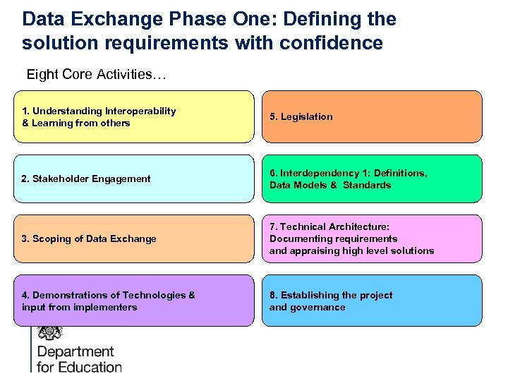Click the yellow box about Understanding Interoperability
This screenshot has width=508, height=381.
[133, 116]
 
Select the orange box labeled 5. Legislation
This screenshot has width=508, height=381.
[372, 116]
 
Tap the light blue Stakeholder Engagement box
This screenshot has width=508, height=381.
[133, 179]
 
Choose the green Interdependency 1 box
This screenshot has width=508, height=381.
[372, 179]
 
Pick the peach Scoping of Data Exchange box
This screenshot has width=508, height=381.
[133, 238]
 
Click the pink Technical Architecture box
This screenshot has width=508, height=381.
[372, 238]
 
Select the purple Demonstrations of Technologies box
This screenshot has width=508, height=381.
[133, 301]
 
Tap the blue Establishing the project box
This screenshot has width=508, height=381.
[372, 301]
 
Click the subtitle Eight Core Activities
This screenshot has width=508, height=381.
[96, 75]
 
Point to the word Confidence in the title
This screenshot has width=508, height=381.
[331, 44]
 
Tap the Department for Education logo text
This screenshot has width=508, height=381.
[78, 359]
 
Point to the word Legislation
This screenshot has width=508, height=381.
[306, 117]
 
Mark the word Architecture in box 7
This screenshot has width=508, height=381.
[359, 227]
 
